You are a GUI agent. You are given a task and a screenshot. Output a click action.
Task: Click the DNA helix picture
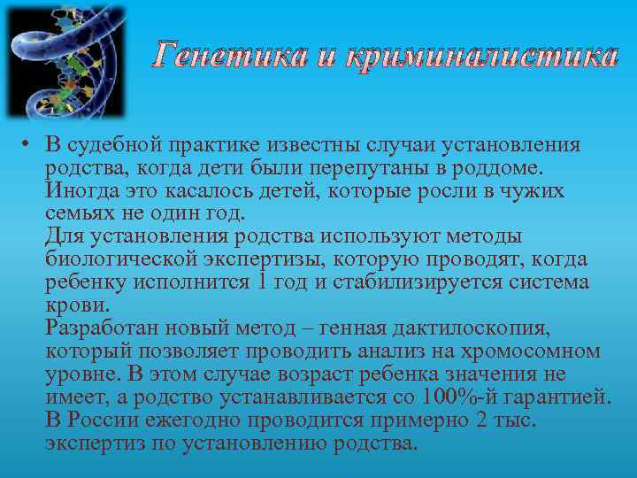(x=66, y=62)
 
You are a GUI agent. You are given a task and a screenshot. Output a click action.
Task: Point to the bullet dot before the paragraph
(x=28, y=145)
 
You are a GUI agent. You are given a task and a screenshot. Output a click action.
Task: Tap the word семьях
(x=81, y=214)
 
